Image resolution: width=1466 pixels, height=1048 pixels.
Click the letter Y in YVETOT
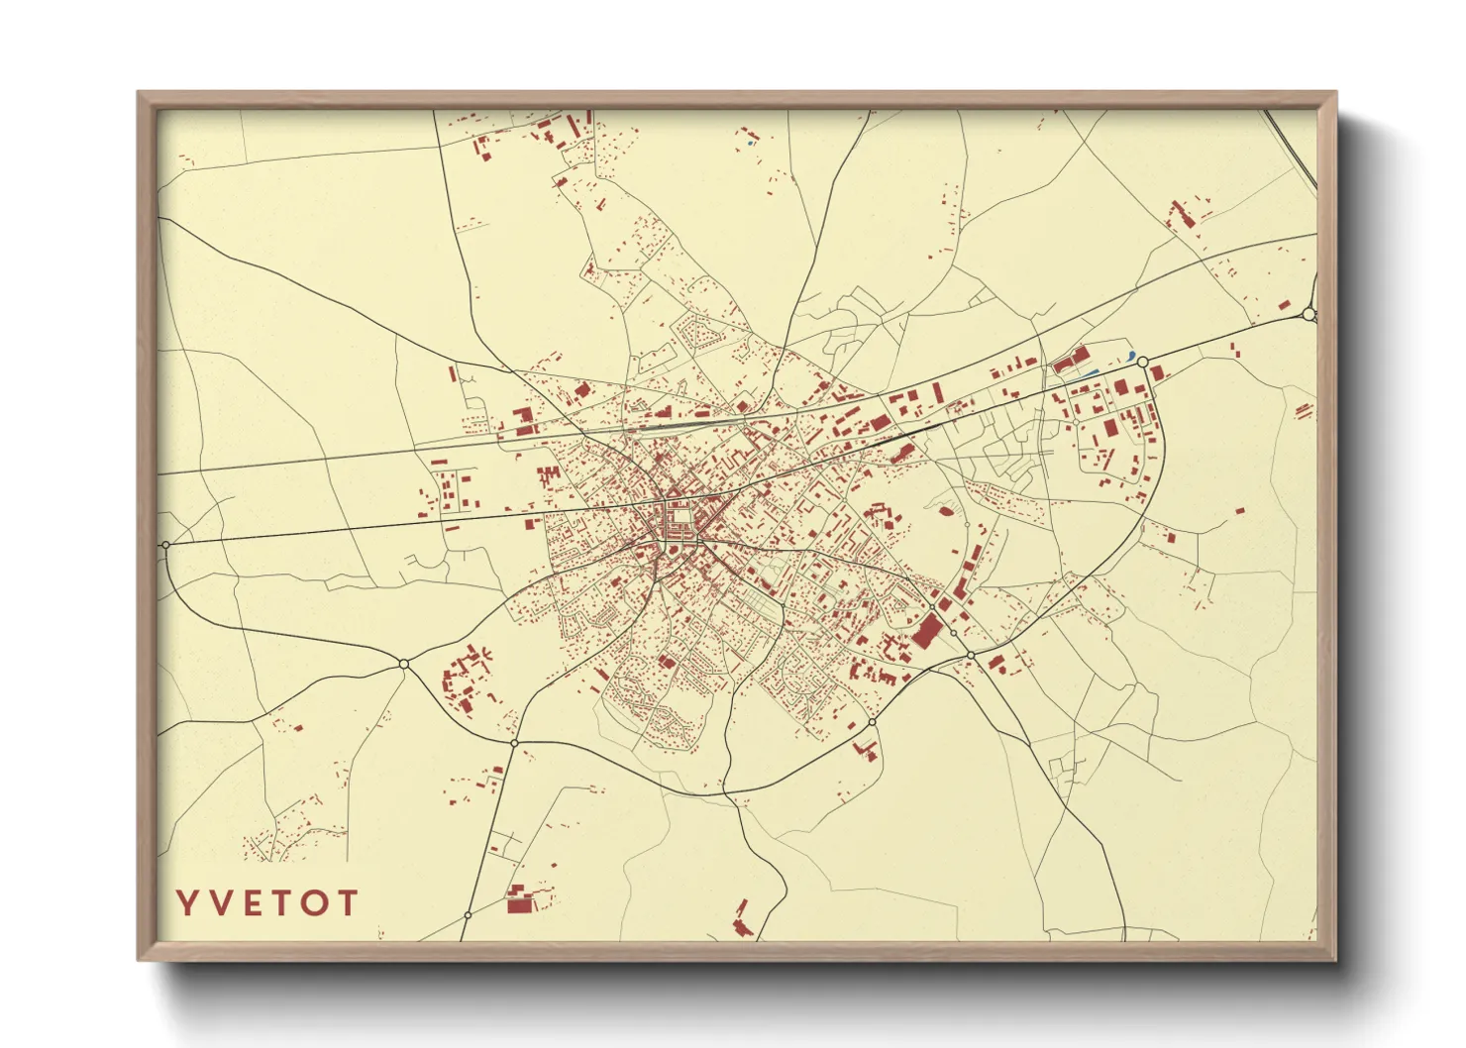tap(185, 902)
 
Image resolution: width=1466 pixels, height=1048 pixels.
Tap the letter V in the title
tap(220, 902)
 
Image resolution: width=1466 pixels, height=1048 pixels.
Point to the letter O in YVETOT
tap(314, 902)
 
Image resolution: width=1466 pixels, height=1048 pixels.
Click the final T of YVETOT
tap(347, 902)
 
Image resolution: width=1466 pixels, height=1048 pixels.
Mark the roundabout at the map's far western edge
tap(165, 545)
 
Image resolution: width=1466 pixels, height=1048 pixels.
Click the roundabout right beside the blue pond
tap(1143, 362)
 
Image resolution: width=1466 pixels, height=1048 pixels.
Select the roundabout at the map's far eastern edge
tap(1309, 314)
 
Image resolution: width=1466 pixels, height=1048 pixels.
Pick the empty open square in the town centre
tap(681, 517)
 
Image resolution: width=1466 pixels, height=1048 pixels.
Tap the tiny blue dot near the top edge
tap(752, 144)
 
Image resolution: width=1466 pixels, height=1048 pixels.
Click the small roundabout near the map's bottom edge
tap(467, 916)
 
